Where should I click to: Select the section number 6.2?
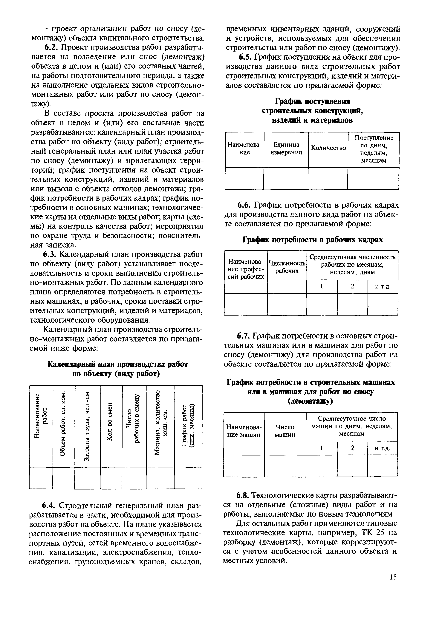coord(51,48)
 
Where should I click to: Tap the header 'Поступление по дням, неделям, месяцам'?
coord(374,149)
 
